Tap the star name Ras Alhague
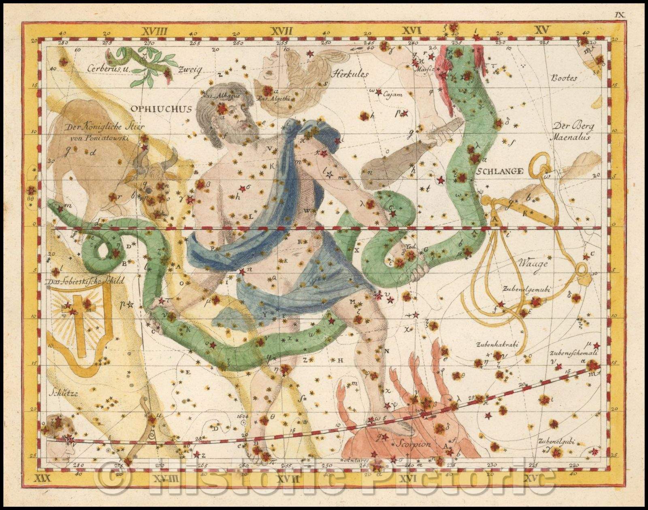[215, 96]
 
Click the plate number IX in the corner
[620, 4]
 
